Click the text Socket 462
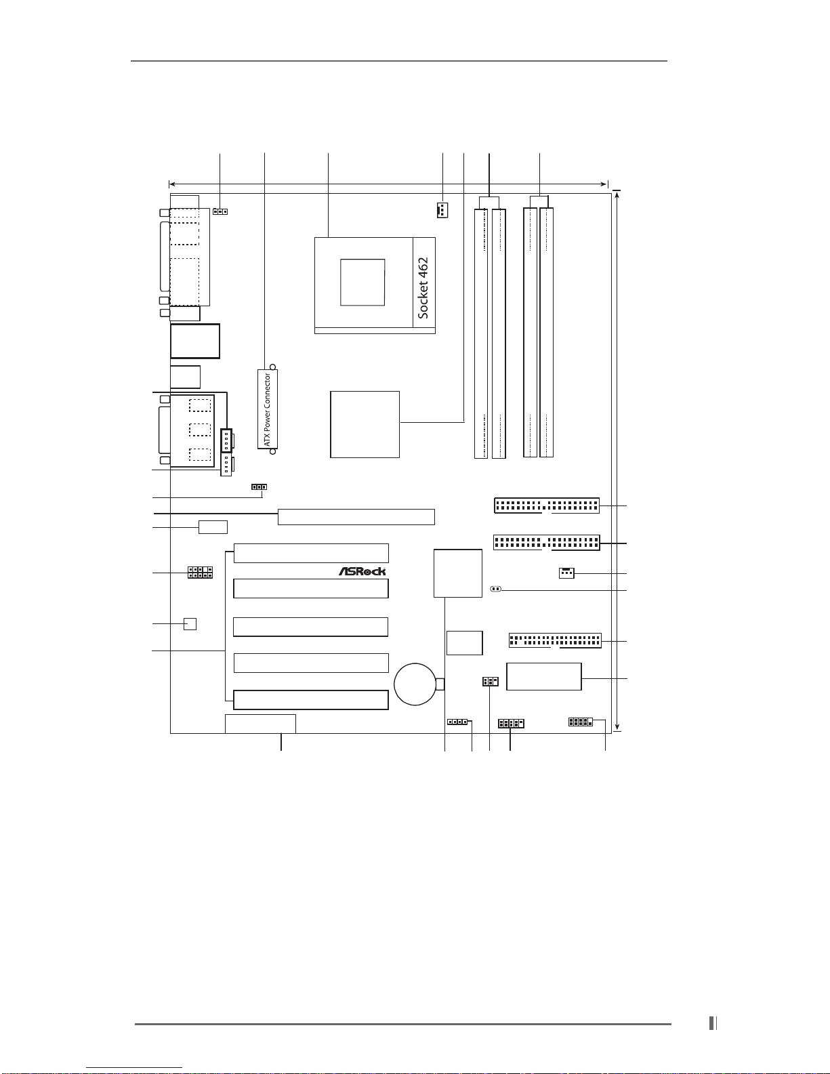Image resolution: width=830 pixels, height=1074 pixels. (423, 288)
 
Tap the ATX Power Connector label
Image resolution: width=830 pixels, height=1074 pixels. (267, 410)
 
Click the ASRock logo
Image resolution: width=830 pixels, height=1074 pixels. (362, 571)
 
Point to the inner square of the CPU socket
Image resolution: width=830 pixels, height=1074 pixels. (362, 282)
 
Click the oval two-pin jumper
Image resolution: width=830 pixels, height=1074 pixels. (495, 589)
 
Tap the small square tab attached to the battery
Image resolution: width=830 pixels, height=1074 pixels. (440, 684)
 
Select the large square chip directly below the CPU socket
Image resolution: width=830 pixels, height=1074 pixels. (365, 425)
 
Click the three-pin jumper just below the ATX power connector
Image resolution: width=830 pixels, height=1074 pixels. (259, 487)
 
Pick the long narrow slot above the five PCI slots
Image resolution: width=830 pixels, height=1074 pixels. (356, 516)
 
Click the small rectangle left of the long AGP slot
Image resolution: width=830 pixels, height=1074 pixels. (213, 527)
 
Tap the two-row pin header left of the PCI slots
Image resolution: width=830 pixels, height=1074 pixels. (200, 573)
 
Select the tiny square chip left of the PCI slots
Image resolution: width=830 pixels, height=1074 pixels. (190, 624)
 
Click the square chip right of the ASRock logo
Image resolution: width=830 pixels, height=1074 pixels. (458, 573)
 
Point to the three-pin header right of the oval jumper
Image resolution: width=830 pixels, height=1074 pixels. (566, 573)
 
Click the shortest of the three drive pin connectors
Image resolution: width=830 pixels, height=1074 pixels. (556, 640)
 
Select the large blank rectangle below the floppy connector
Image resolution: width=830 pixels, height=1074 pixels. (544, 676)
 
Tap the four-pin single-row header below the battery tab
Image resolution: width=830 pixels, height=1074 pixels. (457, 722)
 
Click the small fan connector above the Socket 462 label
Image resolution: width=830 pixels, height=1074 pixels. (442, 210)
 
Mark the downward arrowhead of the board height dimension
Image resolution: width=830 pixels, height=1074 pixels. (617, 726)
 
